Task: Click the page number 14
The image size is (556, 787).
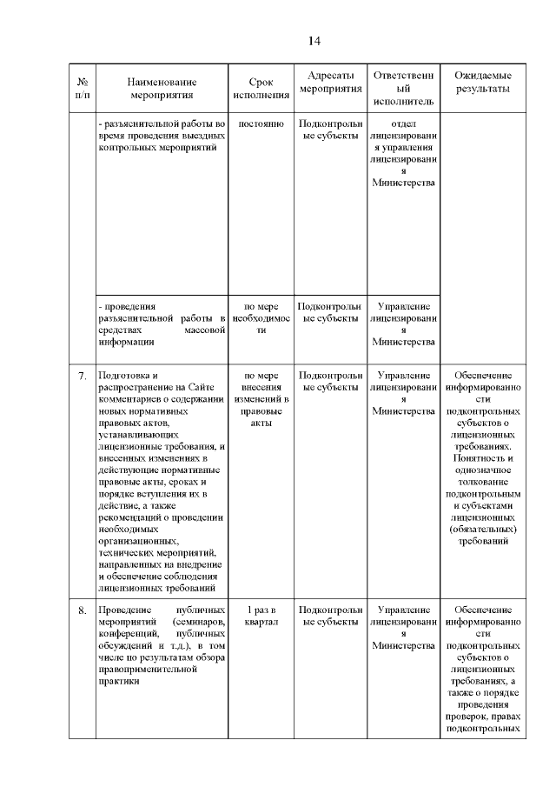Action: click(x=314, y=41)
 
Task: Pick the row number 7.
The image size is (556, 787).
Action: click(x=82, y=377)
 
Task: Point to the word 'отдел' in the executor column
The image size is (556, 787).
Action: click(x=405, y=123)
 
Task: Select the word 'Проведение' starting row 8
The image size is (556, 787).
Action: click(x=125, y=610)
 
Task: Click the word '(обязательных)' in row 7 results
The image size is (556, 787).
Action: click(x=482, y=528)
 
